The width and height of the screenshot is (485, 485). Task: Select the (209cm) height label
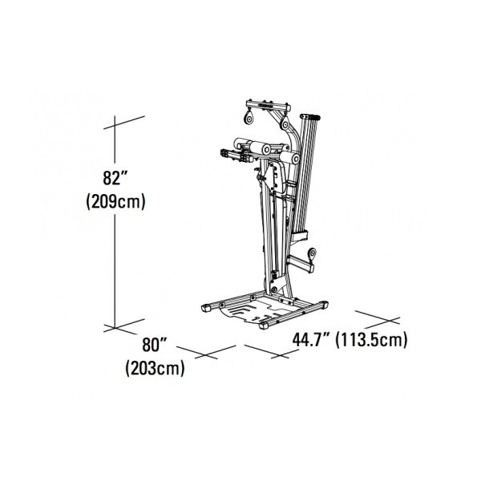pos(115,201)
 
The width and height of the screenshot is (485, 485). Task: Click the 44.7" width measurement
pos(312,340)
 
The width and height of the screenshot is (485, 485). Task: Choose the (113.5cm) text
pos(372,340)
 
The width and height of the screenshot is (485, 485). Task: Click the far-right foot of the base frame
pos(321,304)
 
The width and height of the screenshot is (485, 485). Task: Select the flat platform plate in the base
pos(256,312)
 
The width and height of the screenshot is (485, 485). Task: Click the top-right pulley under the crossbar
pos(285,126)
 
